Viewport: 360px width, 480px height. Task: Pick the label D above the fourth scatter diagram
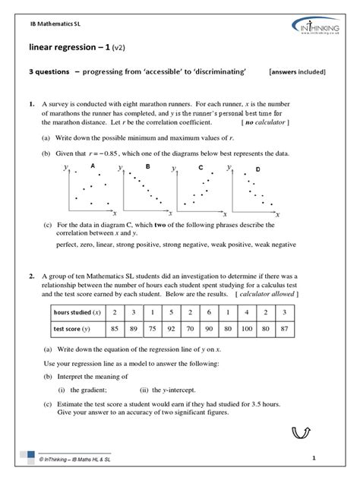click(257, 168)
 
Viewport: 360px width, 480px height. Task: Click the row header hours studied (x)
click(76, 312)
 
